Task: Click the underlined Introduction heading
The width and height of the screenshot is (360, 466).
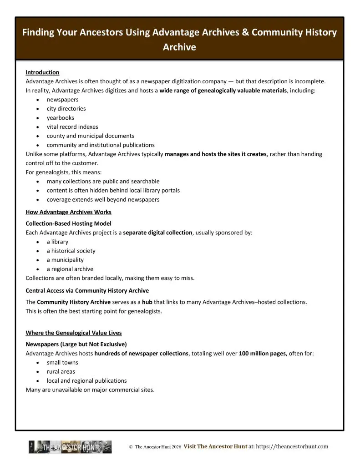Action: (x=42, y=72)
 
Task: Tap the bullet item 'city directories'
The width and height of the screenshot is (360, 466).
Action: (x=66, y=109)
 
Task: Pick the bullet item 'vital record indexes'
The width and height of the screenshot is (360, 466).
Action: (x=72, y=127)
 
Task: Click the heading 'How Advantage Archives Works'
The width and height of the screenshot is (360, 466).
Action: (x=68, y=213)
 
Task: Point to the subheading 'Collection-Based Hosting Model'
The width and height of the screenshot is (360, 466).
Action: (x=68, y=223)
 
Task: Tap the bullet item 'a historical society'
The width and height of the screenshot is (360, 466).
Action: (x=71, y=251)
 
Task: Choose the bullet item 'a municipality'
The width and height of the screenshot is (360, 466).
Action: (x=65, y=260)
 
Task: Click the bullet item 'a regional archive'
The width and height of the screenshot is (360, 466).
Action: (x=70, y=269)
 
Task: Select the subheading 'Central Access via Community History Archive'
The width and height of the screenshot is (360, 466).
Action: (x=87, y=290)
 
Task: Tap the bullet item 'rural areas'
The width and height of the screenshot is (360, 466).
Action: (x=61, y=372)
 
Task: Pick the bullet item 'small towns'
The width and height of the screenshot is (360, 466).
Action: (x=62, y=363)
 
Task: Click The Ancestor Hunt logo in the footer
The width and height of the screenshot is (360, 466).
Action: (x=70, y=447)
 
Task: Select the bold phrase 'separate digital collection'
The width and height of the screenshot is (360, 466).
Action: (x=158, y=233)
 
